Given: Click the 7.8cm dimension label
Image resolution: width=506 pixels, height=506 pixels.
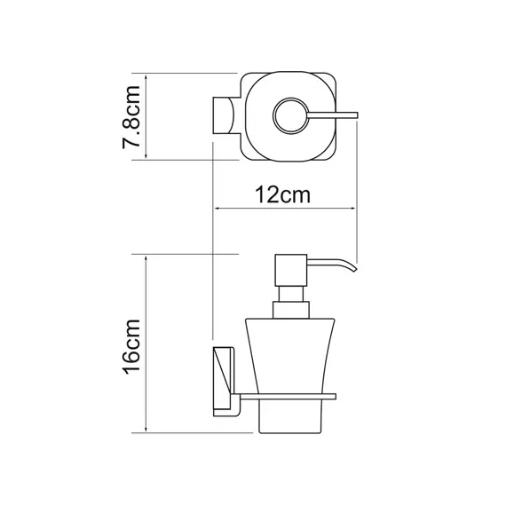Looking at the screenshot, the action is (131, 117).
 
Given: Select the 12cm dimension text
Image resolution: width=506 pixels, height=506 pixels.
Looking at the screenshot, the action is (282, 195).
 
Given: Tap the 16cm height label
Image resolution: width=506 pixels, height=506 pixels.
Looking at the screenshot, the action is (131, 346).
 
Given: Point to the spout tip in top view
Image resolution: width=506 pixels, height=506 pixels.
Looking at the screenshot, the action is (356, 115).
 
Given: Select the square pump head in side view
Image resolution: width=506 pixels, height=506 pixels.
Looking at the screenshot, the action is (290, 270).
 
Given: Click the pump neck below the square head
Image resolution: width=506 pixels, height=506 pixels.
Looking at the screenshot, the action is (291, 294).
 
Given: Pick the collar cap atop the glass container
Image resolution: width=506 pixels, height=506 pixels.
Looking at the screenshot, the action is (291, 310).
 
